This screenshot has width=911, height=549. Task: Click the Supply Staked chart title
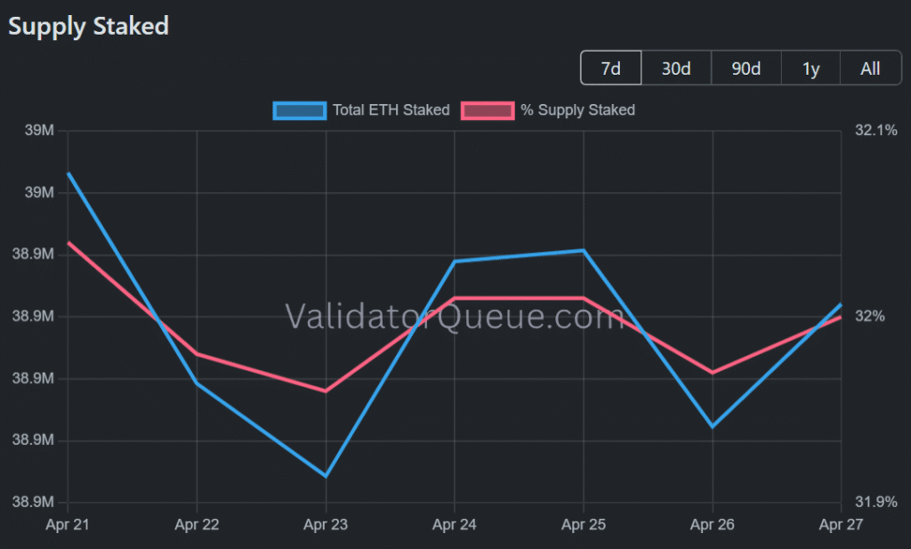pos(88,26)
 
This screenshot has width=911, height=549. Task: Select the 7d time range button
pos(610,69)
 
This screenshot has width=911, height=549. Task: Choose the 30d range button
pos(676,69)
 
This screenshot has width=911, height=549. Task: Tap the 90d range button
pos(746,69)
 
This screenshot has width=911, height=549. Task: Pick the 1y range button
pos(810,69)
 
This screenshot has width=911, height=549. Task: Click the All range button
pos(870,69)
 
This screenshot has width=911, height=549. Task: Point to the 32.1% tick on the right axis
pos(876,131)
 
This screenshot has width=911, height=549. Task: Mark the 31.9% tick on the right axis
pos(876,502)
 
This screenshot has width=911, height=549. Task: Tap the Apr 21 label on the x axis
pos(68,525)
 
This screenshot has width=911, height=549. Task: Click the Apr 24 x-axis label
pos(455,525)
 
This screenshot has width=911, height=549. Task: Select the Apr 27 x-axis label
pos(842,525)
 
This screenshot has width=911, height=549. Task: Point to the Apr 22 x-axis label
pos(197,525)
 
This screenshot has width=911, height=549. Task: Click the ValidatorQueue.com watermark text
pos(455,316)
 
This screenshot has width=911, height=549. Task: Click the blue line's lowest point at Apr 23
pos(326,475)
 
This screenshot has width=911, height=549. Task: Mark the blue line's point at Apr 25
pos(584,251)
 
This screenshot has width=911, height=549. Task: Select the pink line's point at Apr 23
pos(326,391)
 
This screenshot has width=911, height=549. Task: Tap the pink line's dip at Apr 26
pos(713,372)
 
